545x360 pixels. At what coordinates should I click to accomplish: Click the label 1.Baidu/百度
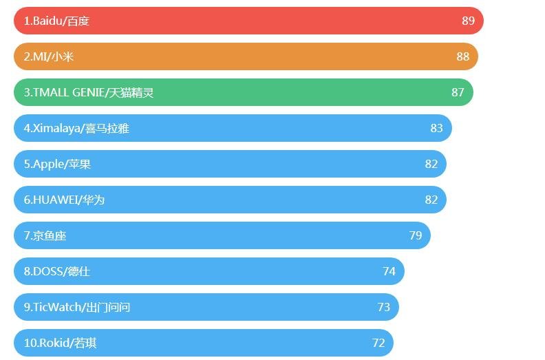(56, 21)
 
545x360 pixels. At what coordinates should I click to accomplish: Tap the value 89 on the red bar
(468, 21)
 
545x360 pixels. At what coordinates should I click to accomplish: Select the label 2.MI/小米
(48, 56)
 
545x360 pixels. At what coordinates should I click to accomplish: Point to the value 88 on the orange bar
(462, 56)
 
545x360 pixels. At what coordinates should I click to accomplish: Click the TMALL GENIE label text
(88, 92)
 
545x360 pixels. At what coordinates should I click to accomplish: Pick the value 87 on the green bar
(458, 92)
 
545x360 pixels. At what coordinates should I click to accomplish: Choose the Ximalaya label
(76, 128)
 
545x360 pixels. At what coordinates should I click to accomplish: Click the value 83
(436, 128)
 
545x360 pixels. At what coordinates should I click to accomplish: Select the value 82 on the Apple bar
(431, 164)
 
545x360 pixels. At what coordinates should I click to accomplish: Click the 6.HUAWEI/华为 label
(64, 200)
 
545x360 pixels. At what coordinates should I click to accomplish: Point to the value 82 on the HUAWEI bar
(431, 200)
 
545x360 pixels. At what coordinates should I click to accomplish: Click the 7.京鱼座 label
(45, 235)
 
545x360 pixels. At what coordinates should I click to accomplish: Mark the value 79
(415, 235)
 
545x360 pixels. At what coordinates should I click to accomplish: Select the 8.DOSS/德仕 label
(56, 271)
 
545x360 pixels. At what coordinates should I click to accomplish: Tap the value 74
(389, 271)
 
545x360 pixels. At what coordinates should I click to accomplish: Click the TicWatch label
(76, 307)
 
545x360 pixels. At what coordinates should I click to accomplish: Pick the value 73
(383, 307)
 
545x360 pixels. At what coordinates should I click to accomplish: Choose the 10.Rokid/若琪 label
(60, 343)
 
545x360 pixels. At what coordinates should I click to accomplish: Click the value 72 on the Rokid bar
(378, 343)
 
